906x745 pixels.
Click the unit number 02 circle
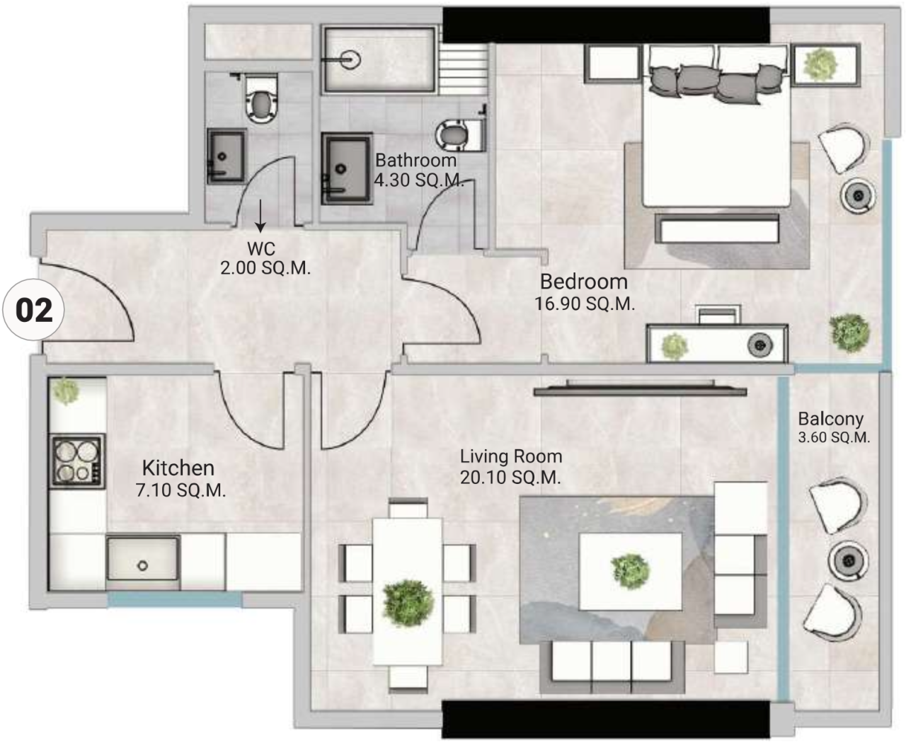coord(34,311)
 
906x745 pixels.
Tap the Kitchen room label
coord(178,468)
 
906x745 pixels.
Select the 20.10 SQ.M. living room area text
coord(510,478)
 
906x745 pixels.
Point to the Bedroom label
coord(583,282)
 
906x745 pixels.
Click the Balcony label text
coord(830,419)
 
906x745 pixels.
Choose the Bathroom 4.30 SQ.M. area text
coord(418,180)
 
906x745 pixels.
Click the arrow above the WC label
coord(260,216)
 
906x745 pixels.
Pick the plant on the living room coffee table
coord(630,570)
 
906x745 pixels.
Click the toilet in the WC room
coord(261,100)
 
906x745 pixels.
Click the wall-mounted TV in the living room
coord(641,389)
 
